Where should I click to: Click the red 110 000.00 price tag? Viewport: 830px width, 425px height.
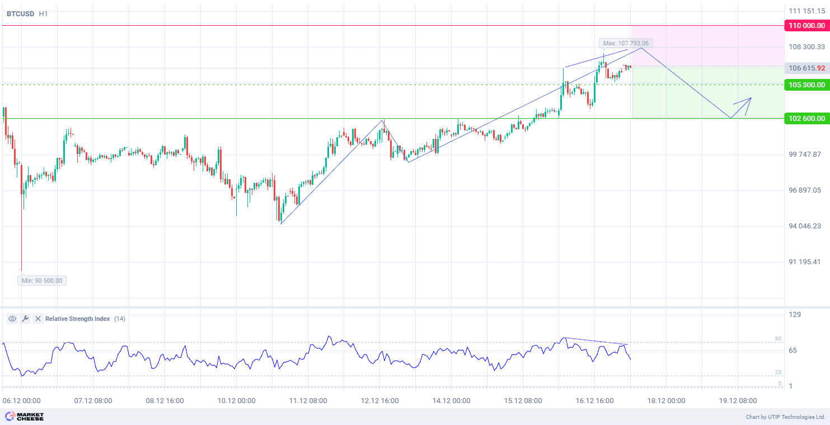coord(806,26)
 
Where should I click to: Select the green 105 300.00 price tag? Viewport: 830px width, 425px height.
coord(806,85)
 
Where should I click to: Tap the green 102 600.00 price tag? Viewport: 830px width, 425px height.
coord(806,118)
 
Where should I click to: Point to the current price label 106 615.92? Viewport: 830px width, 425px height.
coord(806,68)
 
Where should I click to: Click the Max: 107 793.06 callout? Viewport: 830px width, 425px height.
coord(626,43)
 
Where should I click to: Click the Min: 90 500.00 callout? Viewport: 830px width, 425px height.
coord(42,281)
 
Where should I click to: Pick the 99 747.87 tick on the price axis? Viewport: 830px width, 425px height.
coord(804,154)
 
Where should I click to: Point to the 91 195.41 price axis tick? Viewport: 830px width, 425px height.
coord(804,261)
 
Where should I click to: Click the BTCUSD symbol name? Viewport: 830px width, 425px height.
coord(20,13)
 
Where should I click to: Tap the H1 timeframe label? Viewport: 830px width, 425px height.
coord(43,13)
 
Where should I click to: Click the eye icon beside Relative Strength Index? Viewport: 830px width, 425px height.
coord(12,319)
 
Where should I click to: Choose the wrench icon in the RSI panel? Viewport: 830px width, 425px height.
coord(25,319)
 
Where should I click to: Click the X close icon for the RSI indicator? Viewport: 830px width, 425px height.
coord(38,319)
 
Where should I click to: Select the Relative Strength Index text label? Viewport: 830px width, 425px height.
coord(77,319)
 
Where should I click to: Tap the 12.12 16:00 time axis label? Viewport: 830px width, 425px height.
coord(379,401)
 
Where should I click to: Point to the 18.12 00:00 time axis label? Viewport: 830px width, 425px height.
coord(666,401)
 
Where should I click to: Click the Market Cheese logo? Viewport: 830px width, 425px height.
coord(24,417)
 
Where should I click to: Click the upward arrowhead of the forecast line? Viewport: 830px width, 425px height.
coord(749,99)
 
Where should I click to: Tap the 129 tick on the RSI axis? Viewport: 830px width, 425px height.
coord(795,315)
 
